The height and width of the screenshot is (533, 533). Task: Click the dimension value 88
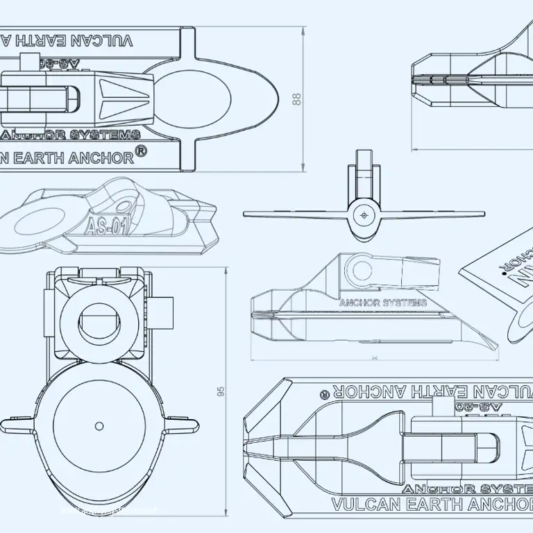[297, 99]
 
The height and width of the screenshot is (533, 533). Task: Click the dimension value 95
[221, 392]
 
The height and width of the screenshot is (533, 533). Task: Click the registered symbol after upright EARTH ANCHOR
[141, 152]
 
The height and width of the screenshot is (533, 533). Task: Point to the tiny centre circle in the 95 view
[99, 425]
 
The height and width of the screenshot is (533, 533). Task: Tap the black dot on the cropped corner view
[505, 273]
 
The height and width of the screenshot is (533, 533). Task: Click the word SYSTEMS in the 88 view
[111, 135]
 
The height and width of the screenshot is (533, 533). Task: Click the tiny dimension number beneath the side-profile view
[375, 358]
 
